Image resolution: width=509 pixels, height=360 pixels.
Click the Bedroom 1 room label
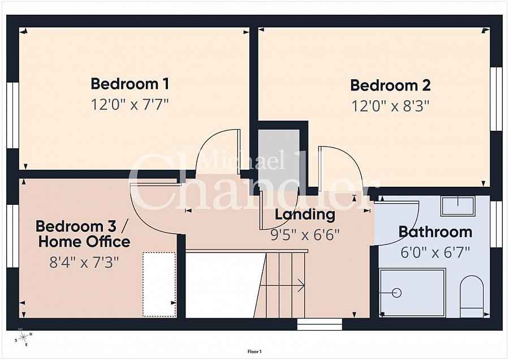point(130,84)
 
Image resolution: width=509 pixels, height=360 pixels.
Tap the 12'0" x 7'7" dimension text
point(130,105)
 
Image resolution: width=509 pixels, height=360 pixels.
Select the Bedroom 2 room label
point(390,85)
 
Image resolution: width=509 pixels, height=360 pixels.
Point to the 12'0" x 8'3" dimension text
point(390,106)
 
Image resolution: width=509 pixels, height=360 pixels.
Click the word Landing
point(305,215)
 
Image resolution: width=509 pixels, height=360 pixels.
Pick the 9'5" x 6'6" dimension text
point(305,234)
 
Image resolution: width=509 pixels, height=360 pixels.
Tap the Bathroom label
point(435,232)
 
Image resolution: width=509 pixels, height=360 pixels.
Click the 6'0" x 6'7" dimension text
point(435,252)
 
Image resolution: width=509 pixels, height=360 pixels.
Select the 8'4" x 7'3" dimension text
point(84,262)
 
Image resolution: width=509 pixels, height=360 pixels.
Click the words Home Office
point(84,242)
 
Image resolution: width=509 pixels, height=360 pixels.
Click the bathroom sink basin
point(458,205)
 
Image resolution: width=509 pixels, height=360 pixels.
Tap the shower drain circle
point(396,293)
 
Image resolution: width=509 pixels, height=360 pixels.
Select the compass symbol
point(24,337)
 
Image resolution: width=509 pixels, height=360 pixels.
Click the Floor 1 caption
point(255,352)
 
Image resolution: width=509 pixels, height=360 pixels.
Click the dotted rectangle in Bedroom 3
point(159,284)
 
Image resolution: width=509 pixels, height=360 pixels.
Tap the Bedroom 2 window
point(495,98)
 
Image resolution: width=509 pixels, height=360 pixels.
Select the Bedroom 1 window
point(12,115)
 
